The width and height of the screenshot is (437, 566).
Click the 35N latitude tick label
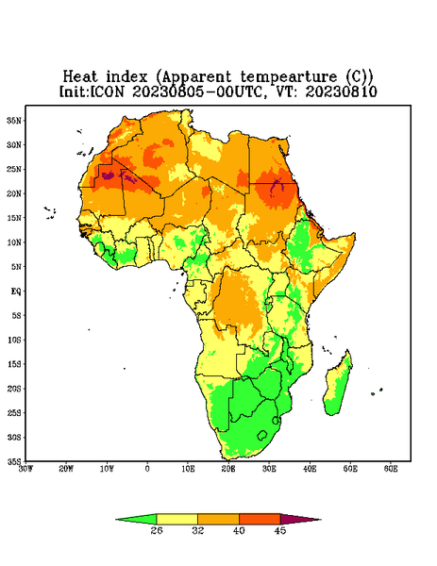pyautogui.click(x=14, y=120)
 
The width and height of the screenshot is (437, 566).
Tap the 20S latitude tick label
pyautogui.click(x=14, y=389)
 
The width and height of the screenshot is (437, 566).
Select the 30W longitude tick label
pyautogui.click(x=25, y=469)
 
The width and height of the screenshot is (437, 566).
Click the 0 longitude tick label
pyautogui.click(x=147, y=469)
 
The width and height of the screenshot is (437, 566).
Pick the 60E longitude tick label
pyautogui.click(x=391, y=469)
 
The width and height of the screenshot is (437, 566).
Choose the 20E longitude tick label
pyautogui.click(x=228, y=469)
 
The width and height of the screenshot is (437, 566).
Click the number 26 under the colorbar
pyautogui.click(x=157, y=530)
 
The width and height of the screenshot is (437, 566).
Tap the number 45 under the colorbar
pyautogui.click(x=280, y=530)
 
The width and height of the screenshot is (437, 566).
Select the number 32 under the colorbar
pyautogui.click(x=198, y=530)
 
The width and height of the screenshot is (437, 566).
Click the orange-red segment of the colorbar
pyautogui.click(x=260, y=519)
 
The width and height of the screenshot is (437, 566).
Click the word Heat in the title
pyautogui.click(x=80, y=76)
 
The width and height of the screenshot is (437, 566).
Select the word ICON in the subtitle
pyautogui.click(x=107, y=92)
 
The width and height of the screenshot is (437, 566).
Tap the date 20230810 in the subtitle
pyautogui.click(x=342, y=92)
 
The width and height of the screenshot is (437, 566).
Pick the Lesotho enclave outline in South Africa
pyautogui.click(x=262, y=435)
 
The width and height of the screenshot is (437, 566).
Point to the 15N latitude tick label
pyautogui.click(x=14, y=218)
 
